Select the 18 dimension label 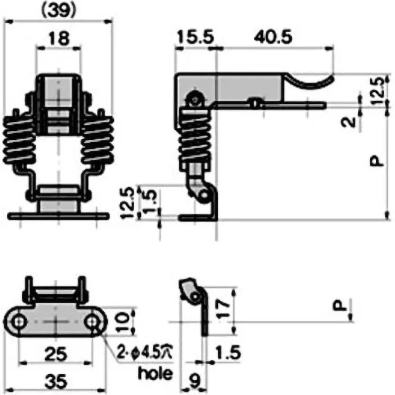(59, 39)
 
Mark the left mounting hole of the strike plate (19, 322)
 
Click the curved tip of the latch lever (316, 81)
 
